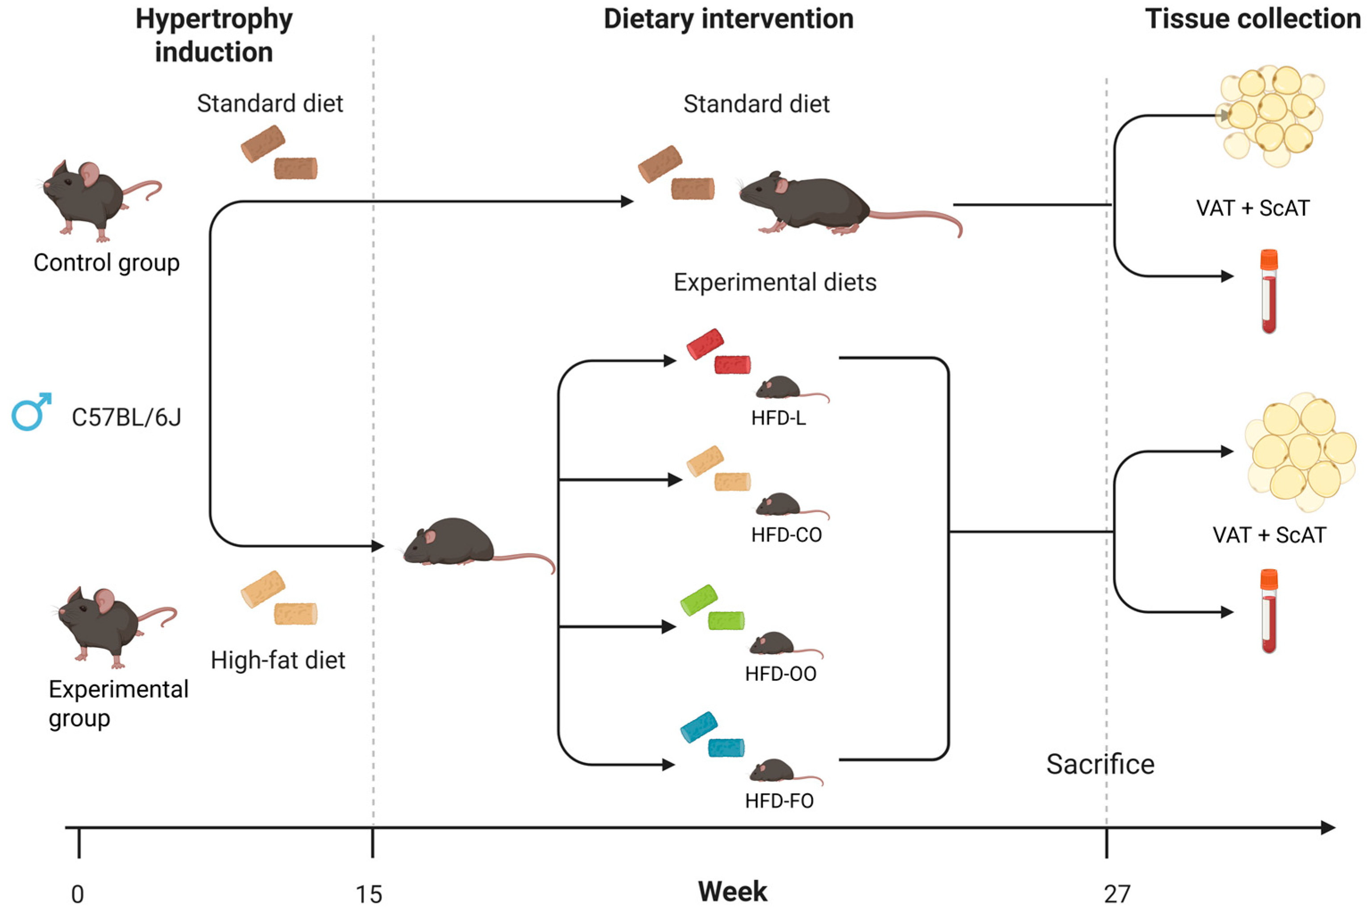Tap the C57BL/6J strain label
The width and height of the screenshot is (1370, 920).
click(x=126, y=417)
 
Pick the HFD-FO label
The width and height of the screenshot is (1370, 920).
click(x=779, y=801)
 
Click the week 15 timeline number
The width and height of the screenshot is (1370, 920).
click(x=369, y=894)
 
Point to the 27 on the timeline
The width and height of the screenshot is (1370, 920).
click(x=1117, y=894)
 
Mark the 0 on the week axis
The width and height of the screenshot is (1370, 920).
click(x=78, y=894)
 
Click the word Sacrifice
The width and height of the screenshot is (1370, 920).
click(x=1100, y=764)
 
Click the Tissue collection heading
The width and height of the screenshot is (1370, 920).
click(x=1253, y=19)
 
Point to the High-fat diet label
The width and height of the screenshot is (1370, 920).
click(x=278, y=660)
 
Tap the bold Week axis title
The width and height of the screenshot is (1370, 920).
click(x=732, y=891)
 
